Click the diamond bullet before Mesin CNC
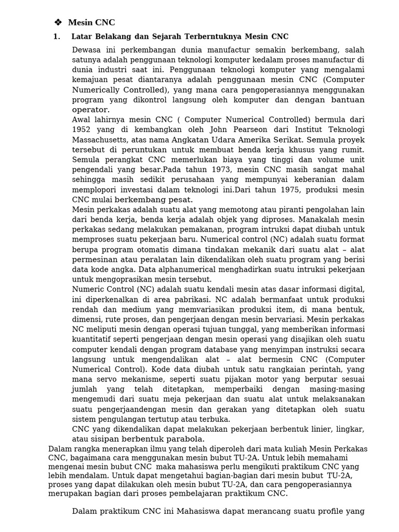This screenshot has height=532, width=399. click(x=58, y=22)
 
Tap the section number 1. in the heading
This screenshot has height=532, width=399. click(x=57, y=36)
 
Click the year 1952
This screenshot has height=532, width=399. click(x=83, y=129)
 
